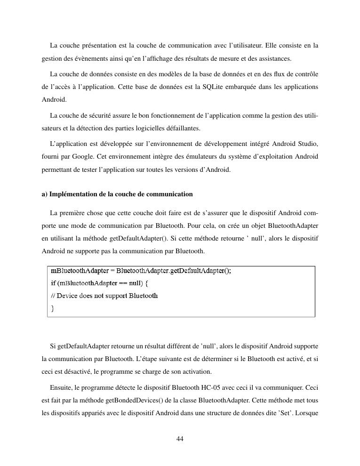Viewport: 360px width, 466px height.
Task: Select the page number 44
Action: click(179, 439)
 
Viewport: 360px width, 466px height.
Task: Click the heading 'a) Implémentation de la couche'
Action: click(117, 194)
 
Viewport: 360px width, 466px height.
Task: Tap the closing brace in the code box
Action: click(53, 308)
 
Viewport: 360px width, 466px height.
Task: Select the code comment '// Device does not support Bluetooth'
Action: click(104, 296)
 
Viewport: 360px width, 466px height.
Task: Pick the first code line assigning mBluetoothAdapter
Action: click(141, 271)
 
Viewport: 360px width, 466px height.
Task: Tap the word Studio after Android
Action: click(308, 143)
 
